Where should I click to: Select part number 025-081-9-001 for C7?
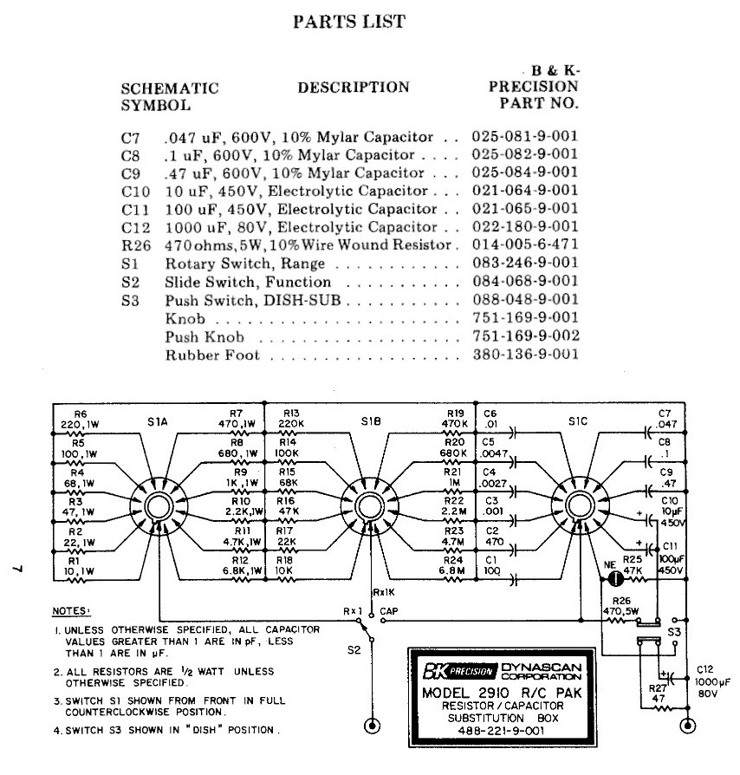tap(525, 136)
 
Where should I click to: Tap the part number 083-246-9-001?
tap(525, 264)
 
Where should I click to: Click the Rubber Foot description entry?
tap(211, 355)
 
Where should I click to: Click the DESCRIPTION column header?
tap(353, 87)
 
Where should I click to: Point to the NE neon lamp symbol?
tap(613, 576)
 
